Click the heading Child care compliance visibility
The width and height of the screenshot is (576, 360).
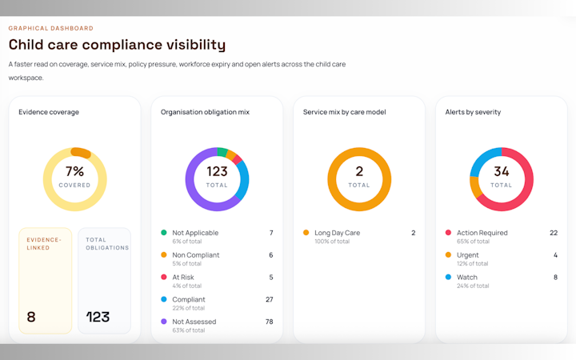117,45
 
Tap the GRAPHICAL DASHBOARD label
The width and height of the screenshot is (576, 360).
50,28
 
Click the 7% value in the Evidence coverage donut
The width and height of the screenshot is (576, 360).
74,171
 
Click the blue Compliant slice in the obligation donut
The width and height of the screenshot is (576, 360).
243,180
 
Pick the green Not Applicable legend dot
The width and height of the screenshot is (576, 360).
164,232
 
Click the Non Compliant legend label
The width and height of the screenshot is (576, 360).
196,255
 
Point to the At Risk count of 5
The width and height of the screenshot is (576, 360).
271,278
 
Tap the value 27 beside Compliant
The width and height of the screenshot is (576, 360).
270,299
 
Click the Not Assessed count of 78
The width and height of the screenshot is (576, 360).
270,322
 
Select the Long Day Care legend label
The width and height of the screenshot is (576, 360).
338,233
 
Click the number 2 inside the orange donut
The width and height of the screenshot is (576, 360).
359,171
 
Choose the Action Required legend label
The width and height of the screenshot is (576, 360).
482,233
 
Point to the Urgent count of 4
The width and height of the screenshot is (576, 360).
555,255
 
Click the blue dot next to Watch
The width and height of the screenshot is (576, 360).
448,277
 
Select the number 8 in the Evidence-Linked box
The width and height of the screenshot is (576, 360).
31,317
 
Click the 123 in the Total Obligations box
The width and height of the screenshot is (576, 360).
98,317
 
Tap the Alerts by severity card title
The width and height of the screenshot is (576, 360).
473,112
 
